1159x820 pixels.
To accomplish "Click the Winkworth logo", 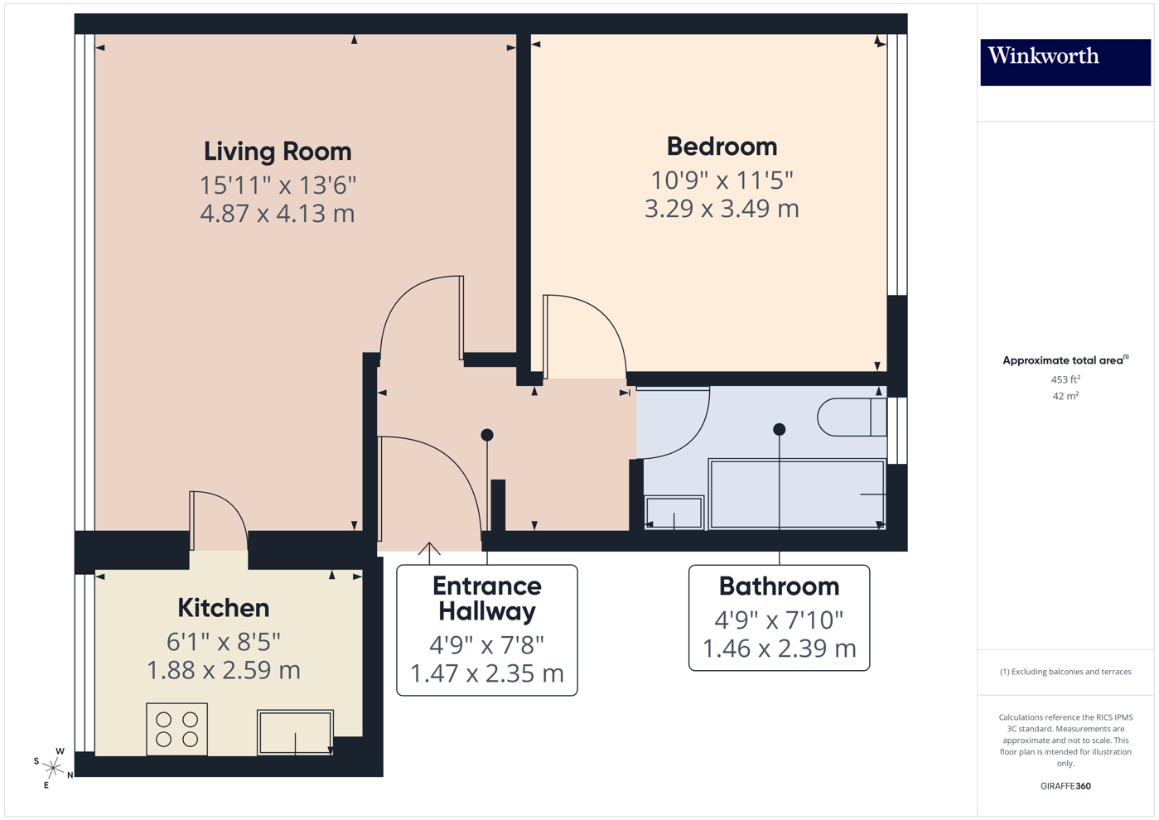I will pos(1065,61).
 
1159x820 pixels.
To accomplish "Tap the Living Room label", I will pos(278,152).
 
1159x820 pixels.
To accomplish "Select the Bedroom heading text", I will pos(722,147).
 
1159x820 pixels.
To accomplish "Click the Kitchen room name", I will pos(223,608).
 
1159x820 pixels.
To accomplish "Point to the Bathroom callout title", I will pos(779,586).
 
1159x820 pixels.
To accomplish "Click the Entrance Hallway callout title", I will pos(487,599).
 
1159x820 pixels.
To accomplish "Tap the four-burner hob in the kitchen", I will pos(177,729).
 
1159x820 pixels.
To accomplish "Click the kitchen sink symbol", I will pos(295,731).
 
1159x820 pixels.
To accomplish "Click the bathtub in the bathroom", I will pos(796,494).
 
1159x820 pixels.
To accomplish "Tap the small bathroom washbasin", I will pos(674,513).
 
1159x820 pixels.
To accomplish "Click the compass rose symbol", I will pos(53,768).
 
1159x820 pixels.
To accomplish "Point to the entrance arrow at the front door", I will pos(429,549).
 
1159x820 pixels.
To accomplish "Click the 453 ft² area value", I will pos(1065,379).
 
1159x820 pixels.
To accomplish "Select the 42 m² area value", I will pos(1065,396).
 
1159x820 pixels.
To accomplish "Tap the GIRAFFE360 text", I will pos(1065,786).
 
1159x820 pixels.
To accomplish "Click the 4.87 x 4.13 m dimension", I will pos(278,214).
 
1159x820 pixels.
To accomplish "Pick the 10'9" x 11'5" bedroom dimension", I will pos(722,180).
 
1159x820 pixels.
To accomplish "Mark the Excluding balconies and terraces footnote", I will pos(1065,672).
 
